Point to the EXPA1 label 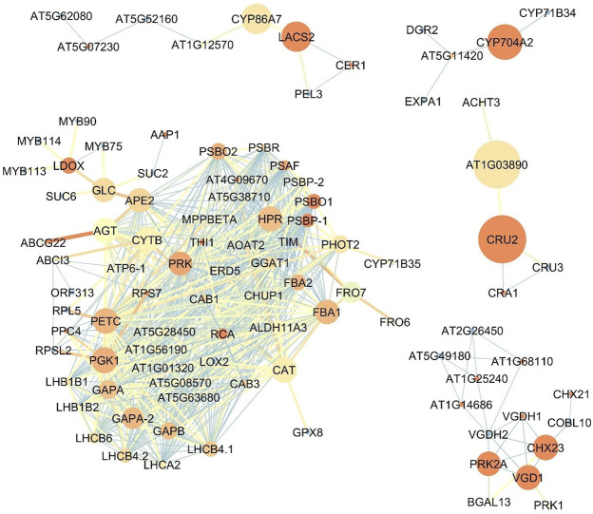[423, 100]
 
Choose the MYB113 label [26, 171]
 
